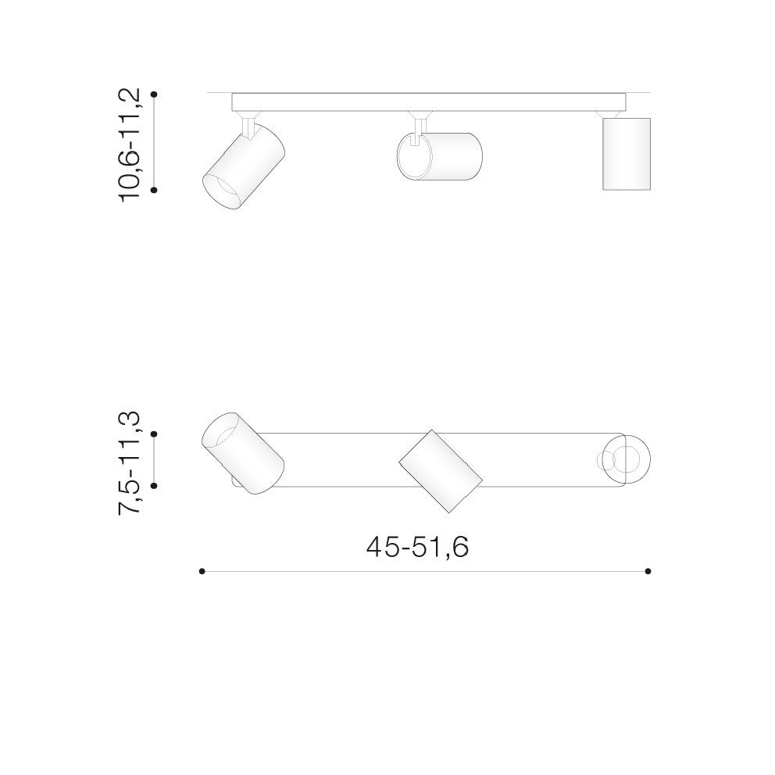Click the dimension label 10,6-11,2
point(130,145)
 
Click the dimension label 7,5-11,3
point(130,463)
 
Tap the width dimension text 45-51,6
point(417,547)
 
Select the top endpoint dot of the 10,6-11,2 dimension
point(154,94)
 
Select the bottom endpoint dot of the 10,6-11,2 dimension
point(154,190)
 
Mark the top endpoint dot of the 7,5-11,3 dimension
point(154,434)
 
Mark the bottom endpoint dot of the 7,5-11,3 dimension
point(154,486)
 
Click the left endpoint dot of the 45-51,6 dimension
point(202,571)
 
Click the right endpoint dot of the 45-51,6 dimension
point(648,571)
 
